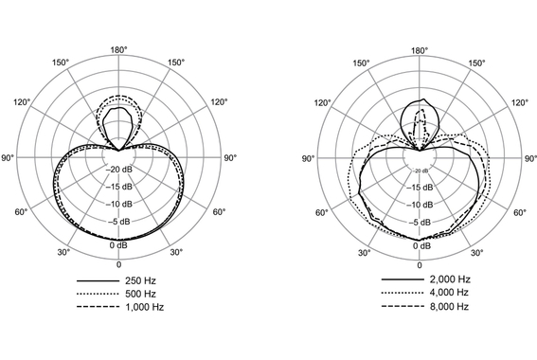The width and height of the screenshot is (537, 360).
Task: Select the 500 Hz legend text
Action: click(x=137, y=295)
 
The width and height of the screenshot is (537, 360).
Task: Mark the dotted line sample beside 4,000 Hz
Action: click(x=399, y=295)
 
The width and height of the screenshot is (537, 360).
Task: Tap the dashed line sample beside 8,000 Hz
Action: click(x=399, y=308)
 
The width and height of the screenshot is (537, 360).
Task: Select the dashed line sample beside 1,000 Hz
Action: click(x=95, y=308)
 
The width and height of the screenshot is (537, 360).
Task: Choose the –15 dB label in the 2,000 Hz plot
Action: click(x=421, y=187)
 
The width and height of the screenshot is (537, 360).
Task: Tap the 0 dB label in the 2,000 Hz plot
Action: click(x=421, y=244)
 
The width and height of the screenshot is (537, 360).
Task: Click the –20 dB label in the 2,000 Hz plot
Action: click(x=421, y=171)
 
